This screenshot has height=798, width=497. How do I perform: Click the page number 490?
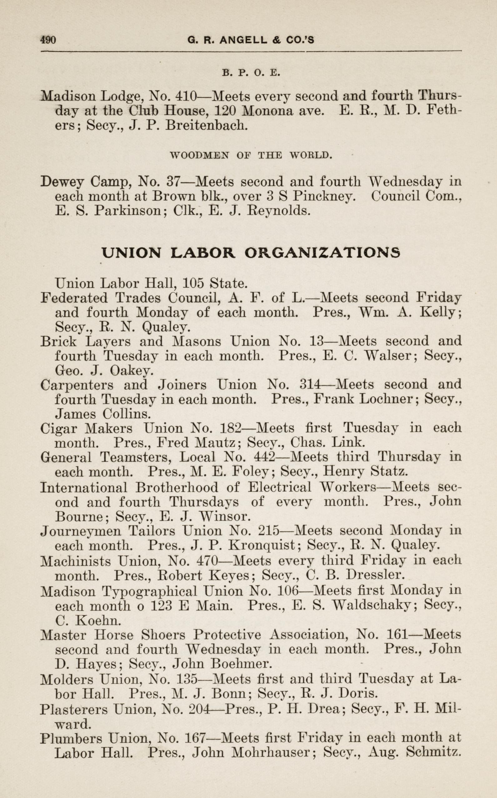pyautogui.click(x=48, y=40)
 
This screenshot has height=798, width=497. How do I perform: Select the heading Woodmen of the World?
pyautogui.click(x=251, y=155)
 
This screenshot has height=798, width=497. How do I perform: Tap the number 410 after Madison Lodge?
pyautogui.click(x=186, y=96)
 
